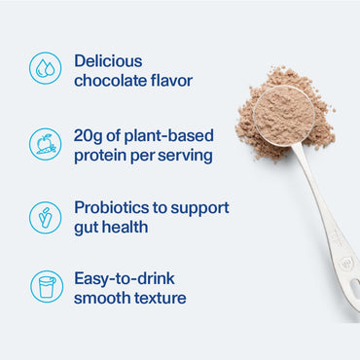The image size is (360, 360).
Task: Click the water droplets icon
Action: click(45, 68)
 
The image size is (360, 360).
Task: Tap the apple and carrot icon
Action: click(45, 143)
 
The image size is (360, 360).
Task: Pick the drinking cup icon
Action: click(45, 287)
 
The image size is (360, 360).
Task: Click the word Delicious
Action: click(109, 60)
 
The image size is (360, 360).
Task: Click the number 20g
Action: click(90, 134)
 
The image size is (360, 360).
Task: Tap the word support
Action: click(207, 209)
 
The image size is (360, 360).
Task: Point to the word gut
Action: click(87, 228)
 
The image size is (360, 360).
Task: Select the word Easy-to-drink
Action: click(130, 280)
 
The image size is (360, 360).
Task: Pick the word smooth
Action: click(103, 299)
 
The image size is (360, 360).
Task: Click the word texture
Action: click(162, 299)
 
